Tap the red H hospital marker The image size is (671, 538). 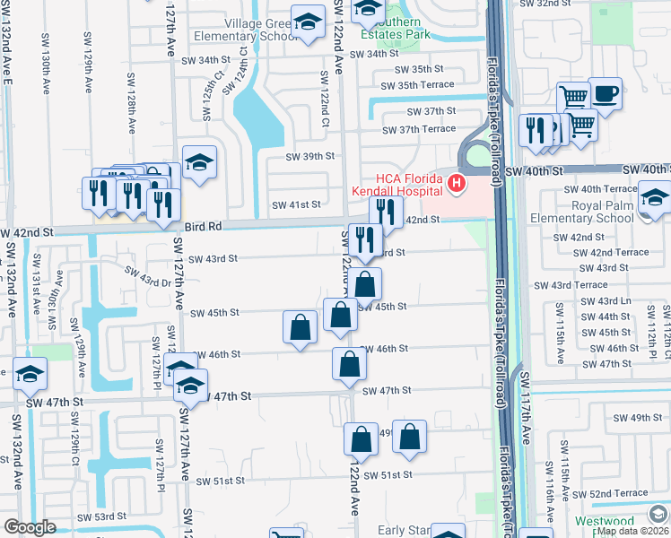[457, 185]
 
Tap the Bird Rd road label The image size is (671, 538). [203, 227]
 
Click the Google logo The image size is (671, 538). [30, 527]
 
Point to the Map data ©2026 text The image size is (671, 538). [632, 531]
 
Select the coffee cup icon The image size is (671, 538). [606, 93]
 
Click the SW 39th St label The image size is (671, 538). [309, 156]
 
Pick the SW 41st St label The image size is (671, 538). [296, 204]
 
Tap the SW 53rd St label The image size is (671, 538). [101, 517]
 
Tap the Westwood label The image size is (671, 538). [629, 521]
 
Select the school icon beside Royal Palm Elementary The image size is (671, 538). [655, 196]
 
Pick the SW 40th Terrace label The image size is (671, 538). [596, 189]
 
